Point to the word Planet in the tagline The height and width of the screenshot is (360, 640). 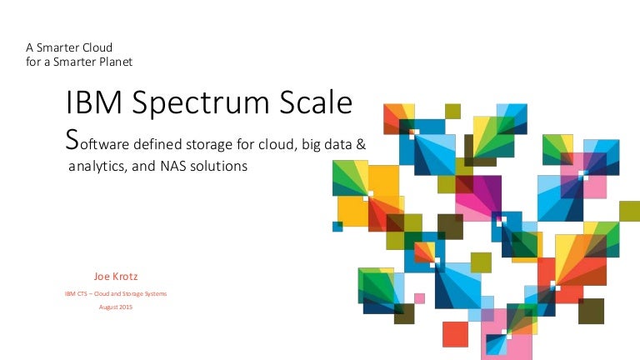click(x=114, y=61)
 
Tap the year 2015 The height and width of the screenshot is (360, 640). click(x=126, y=307)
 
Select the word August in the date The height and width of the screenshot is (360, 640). click(x=108, y=307)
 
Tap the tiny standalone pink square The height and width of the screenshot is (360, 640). click(x=419, y=297)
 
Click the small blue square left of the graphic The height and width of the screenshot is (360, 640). click(x=337, y=226)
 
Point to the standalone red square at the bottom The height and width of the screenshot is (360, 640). click(x=455, y=333)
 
